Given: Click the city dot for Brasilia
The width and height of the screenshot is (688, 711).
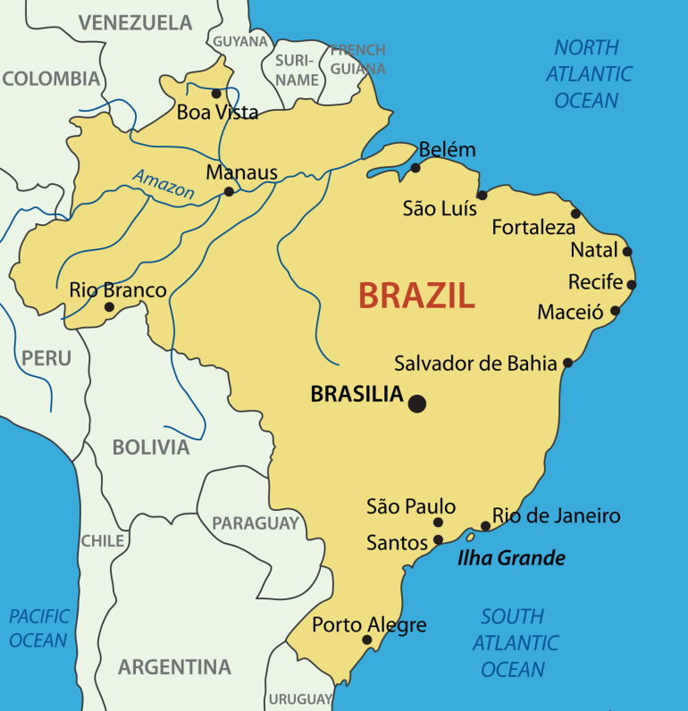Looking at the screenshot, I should tap(416, 404).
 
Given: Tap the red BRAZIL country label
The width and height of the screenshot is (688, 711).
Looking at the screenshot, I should tap(416, 295).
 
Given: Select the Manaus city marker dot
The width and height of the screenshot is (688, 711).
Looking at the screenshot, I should tap(229, 191).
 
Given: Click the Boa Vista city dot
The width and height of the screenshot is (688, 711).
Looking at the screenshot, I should tap(215, 93).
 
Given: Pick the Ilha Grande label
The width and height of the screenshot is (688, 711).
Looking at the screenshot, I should tap(511, 558).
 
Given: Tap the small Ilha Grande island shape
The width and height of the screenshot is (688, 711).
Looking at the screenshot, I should tap(468, 538).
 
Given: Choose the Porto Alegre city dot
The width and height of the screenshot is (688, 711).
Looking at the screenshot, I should tap(366, 640).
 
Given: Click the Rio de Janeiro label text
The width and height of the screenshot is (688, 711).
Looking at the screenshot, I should tap(556, 516).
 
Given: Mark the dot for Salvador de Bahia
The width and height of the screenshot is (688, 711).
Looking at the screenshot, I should tap(567, 363).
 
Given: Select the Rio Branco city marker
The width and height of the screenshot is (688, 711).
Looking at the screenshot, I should tap(109, 307).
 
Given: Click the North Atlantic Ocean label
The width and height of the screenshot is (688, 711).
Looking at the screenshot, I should tap(587, 74).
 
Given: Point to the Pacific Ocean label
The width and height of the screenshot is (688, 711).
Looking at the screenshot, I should tap(38, 628).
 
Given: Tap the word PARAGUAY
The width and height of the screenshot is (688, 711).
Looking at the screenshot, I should tap(255, 523).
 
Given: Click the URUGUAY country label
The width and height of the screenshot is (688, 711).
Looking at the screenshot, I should tap(301, 698).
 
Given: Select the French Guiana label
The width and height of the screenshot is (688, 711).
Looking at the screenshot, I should tap(357, 59).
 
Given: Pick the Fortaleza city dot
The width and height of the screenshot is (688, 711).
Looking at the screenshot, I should tap(576, 213).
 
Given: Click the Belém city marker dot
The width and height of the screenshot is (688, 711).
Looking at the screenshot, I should tap(415, 168).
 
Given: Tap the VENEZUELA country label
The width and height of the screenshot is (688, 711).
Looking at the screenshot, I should tap(135, 22).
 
